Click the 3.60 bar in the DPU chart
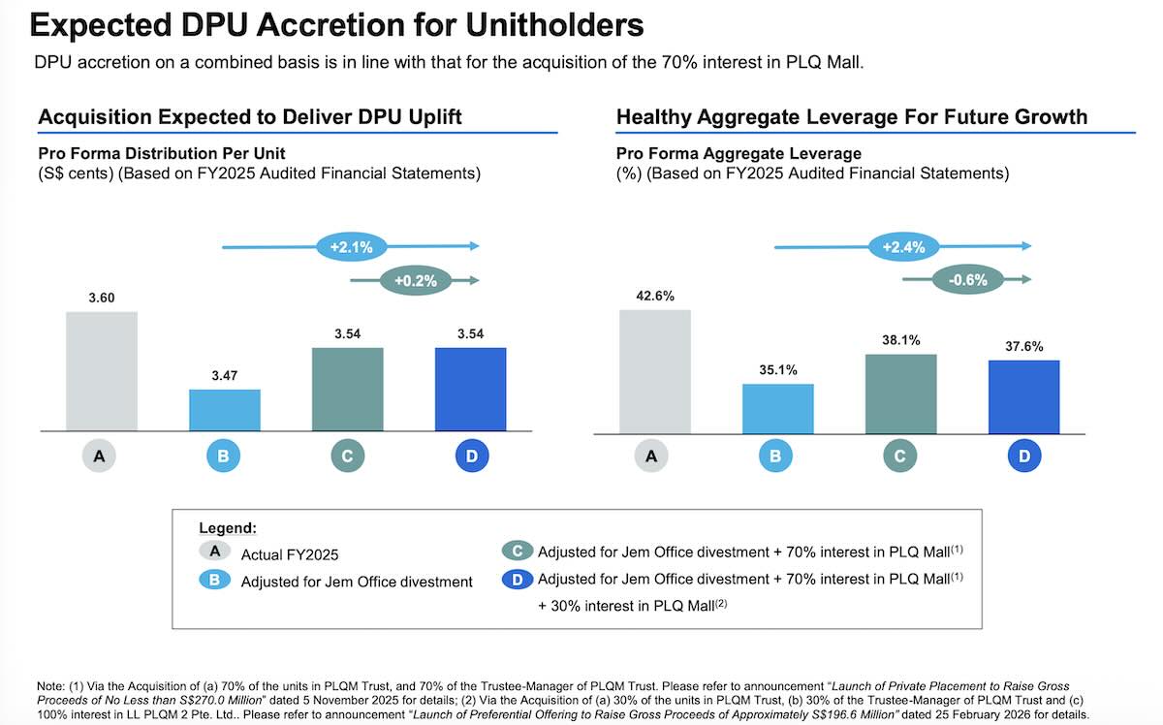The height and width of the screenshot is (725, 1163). click(102, 371)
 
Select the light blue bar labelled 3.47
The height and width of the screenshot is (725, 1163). click(224, 410)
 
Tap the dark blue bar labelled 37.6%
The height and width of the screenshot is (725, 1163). click(1023, 396)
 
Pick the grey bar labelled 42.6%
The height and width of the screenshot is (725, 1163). click(654, 371)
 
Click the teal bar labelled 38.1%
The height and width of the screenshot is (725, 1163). click(900, 394)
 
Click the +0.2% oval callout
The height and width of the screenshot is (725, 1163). click(416, 281)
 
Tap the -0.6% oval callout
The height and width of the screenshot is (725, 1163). click(968, 281)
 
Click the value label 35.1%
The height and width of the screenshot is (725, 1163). click(777, 369)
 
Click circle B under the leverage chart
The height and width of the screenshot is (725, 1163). click(777, 457)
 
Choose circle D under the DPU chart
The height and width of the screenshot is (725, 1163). click(471, 457)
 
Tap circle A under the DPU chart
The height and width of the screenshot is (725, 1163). click(102, 457)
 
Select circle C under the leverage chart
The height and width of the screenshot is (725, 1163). click(900, 457)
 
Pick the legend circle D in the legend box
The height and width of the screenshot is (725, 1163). click(518, 580)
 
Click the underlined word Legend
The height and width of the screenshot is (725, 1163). click(228, 529)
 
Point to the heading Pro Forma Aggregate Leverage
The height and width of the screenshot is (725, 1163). click(739, 154)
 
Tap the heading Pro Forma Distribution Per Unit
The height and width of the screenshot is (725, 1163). click(162, 154)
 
